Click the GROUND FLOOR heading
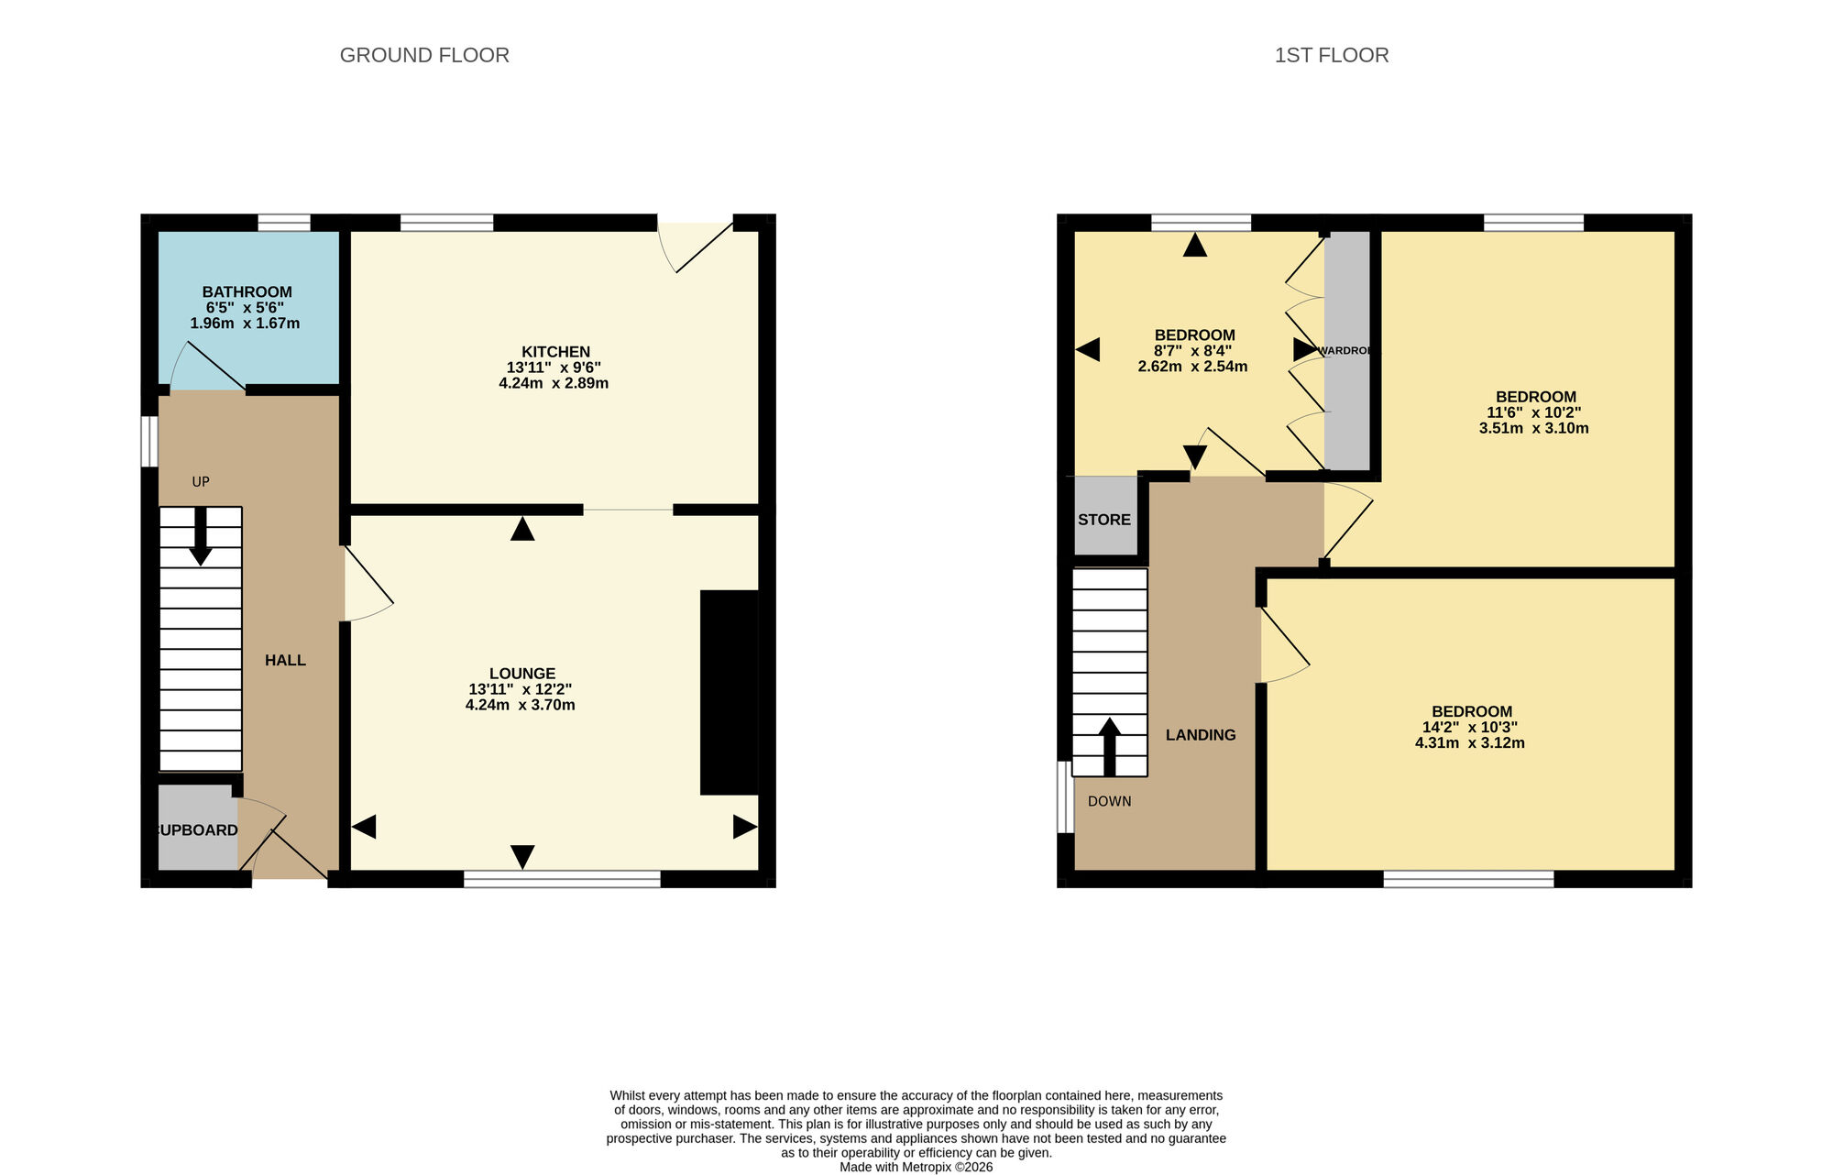pyautogui.click(x=424, y=55)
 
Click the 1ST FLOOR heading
pyautogui.click(x=1331, y=55)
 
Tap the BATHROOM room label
pyautogui.click(x=247, y=291)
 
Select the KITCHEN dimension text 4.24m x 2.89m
pyautogui.click(x=554, y=383)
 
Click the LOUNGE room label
pyautogui.click(x=521, y=674)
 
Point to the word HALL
pyautogui.click(x=285, y=660)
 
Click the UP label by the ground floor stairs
pyautogui.click(x=201, y=481)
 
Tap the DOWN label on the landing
pyautogui.click(x=1109, y=801)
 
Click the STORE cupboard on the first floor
pyautogui.click(x=1104, y=519)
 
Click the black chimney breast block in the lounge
pyautogui.click(x=730, y=692)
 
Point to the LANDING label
pyautogui.click(x=1201, y=734)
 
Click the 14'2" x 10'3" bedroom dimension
pyautogui.click(x=1469, y=727)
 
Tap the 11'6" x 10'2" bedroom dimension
pyautogui.click(x=1533, y=412)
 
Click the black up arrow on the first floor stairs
pyautogui.click(x=1109, y=745)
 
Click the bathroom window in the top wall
pyautogui.click(x=284, y=223)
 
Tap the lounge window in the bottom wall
pyautogui.click(x=562, y=879)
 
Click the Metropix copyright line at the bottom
pyautogui.click(x=916, y=1167)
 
